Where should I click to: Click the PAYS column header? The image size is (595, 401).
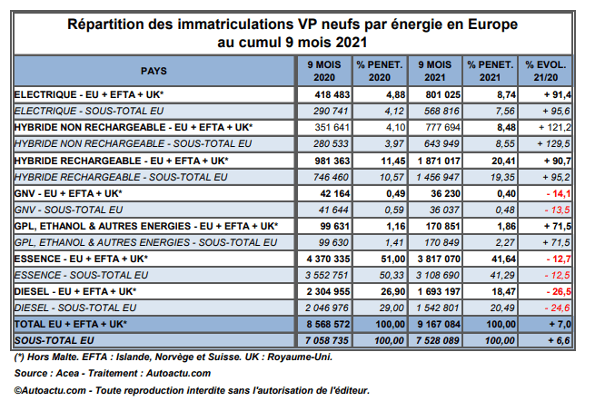click(x=154, y=70)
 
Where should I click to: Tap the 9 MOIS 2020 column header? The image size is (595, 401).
click(x=323, y=70)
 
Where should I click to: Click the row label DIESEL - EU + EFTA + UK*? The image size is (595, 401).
click(x=75, y=291)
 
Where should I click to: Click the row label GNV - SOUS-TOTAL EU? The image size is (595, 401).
click(x=70, y=209)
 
